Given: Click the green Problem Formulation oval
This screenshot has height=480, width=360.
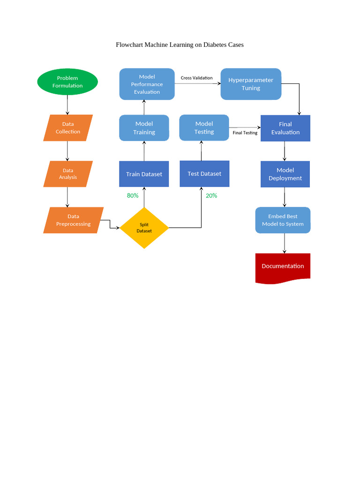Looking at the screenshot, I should (67, 82).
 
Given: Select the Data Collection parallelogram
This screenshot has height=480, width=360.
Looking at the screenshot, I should (68, 128).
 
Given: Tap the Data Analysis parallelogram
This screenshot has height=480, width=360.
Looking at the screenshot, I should (68, 174).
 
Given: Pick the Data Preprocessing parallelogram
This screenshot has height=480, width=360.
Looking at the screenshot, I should (73, 220).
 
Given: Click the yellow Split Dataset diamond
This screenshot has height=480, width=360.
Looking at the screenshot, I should (144, 228).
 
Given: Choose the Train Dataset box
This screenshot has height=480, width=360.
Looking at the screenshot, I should (144, 174).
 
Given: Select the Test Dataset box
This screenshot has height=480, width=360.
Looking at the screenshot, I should (204, 174).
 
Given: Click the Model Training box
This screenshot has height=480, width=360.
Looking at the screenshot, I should (144, 128).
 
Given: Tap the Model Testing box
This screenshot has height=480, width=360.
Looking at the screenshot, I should (204, 127).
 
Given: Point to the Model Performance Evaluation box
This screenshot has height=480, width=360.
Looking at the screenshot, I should (147, 84).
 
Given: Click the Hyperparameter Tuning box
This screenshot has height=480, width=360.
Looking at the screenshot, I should (251, 84).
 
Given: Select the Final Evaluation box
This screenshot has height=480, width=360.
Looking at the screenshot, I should (285, 128).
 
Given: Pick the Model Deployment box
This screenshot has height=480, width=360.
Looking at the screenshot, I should (285, 174).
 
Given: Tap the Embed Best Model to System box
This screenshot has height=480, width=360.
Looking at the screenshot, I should (283, 220).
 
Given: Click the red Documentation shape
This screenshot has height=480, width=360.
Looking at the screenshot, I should (283, 266).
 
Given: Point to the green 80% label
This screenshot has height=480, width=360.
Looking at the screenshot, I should (133, 195).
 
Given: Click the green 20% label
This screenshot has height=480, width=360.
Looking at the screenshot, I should (211, 195).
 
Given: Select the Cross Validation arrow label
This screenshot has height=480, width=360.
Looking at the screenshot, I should (196, 78).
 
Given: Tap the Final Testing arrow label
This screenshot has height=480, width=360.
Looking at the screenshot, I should (245, 133).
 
